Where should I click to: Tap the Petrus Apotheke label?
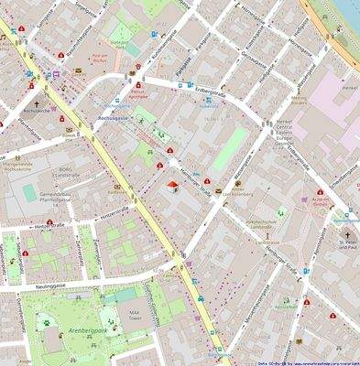(139, 92)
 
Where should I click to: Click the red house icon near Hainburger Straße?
(172, 188)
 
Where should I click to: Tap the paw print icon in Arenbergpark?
(44, 320)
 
